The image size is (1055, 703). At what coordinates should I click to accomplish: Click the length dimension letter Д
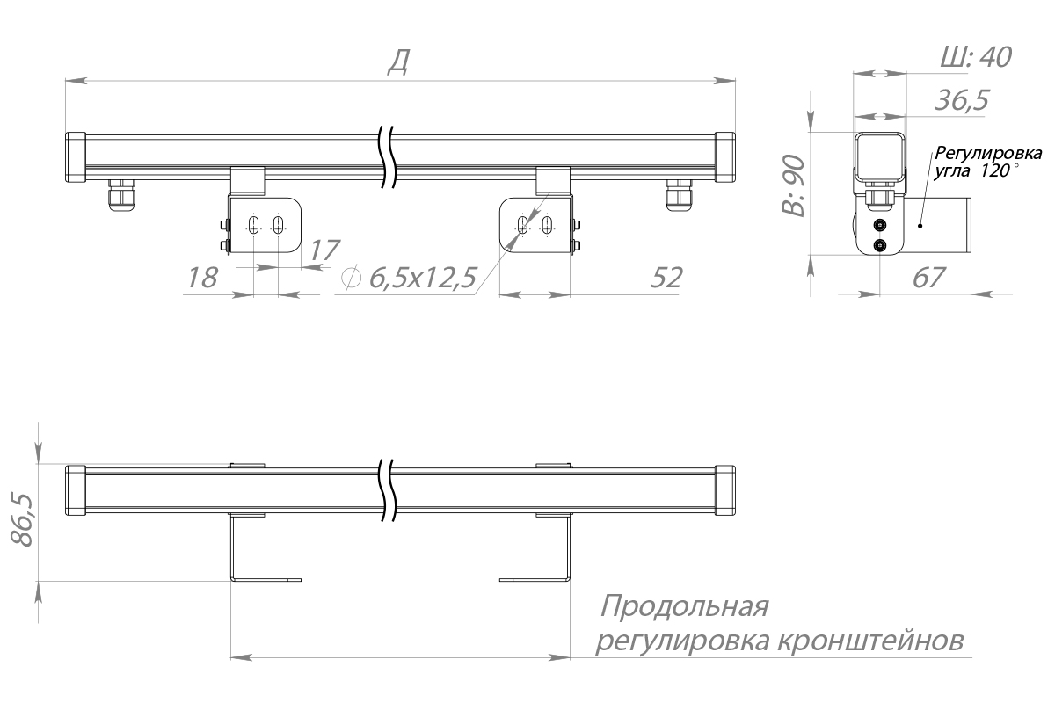tap(398, 62)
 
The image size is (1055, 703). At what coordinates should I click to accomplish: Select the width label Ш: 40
tap(975, 57)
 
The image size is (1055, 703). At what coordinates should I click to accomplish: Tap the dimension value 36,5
tap(962, 100)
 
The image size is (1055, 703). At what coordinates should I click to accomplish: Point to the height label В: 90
tap(794, 185)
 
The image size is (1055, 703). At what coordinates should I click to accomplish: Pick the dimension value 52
tap(666, 278)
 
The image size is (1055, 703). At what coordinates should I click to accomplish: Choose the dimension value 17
tap(324, 250)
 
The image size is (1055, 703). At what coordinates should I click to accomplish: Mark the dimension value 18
tap(202, 278)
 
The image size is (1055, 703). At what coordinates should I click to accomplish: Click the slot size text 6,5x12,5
tap(424, 278)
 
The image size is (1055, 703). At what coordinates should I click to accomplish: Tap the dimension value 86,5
tap(22, 520)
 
